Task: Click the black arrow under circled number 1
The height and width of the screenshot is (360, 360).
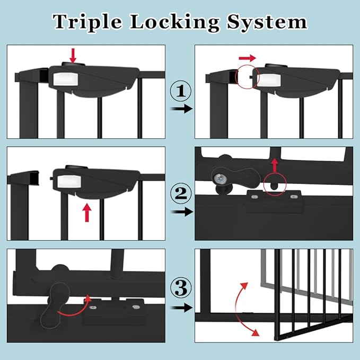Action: [x=180, y=109]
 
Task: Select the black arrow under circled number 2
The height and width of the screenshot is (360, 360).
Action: [x=180, y=212]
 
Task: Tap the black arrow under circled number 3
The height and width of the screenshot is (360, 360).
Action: [x=180, y=307]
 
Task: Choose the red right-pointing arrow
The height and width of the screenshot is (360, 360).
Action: [x=247, y=57]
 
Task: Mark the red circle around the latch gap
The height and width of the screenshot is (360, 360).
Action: [x=248, y=77]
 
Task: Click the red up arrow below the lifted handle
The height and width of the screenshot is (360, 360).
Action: [x=86, y=213]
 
